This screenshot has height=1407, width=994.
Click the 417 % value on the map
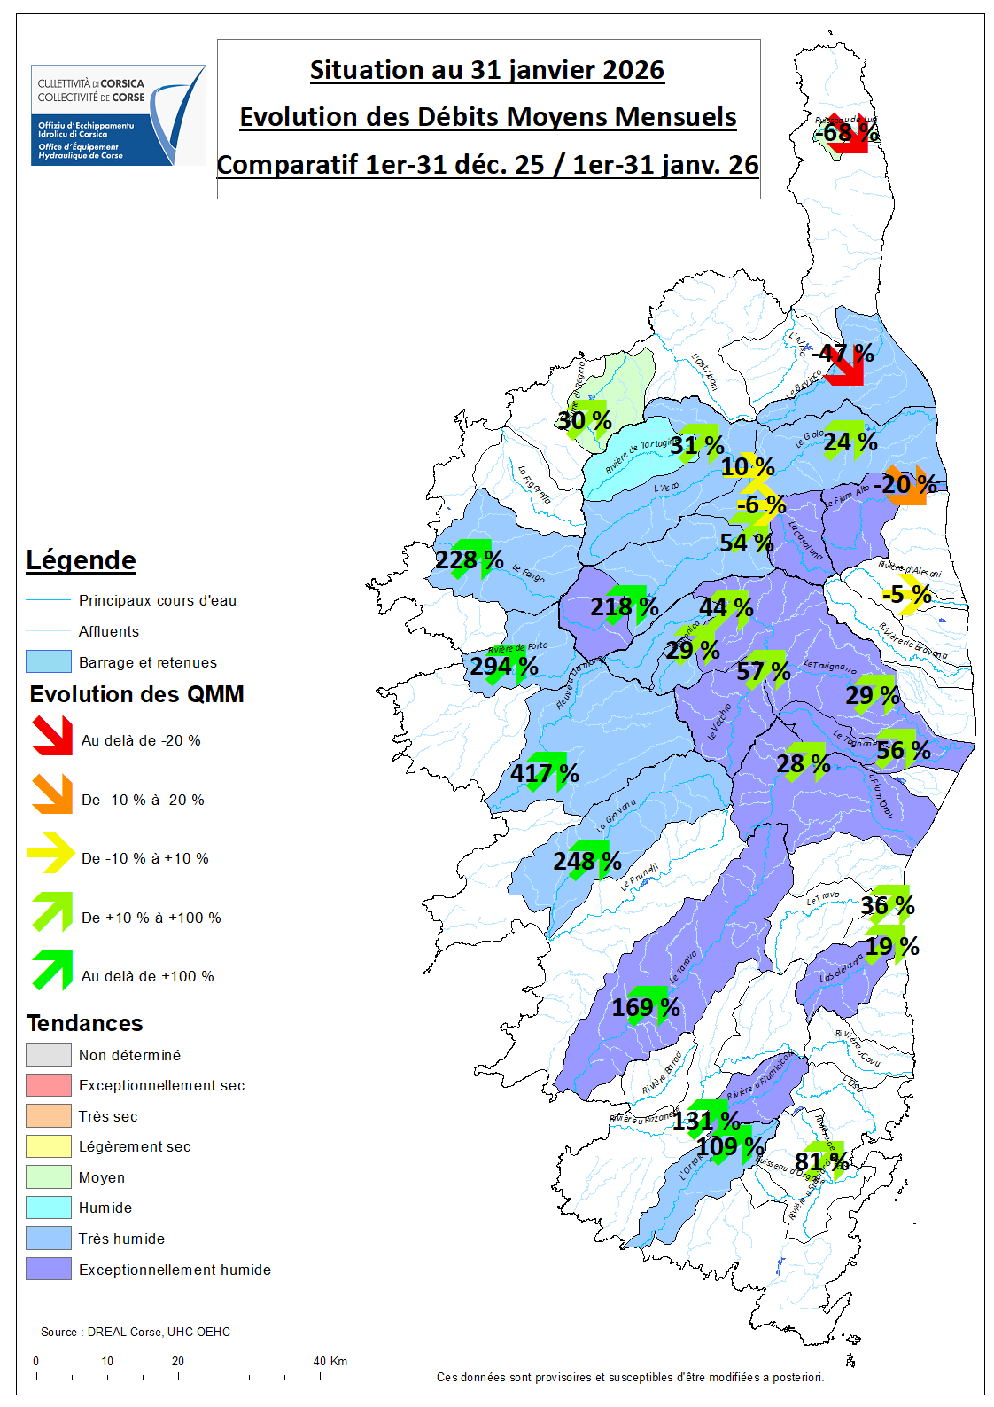tap(544, 774)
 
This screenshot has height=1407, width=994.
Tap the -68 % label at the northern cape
tap(846, 133)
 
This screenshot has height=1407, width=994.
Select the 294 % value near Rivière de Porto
tap(503, 666)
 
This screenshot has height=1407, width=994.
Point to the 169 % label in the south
tap(645, 1007)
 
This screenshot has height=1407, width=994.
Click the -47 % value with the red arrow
tap(842, 354)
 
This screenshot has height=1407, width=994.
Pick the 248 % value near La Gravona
tap(586, 861)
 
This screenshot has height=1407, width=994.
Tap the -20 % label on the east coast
tap(905, 484)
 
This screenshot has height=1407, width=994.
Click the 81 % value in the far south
tap(821, 1161)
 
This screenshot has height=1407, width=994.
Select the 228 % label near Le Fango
tap(469, 560)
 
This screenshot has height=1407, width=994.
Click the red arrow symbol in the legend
tap(52, 736)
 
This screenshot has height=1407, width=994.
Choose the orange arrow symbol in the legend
tap(52, 794)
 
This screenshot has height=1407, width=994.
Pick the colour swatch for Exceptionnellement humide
tap(48, 1269)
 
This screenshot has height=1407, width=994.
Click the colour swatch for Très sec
tap(48, 1115)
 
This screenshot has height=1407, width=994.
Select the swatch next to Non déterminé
tap(48, 1054)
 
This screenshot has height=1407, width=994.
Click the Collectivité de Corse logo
tap(118, 114)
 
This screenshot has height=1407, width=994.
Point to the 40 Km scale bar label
tap(330, 1361)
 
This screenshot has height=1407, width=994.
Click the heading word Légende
tap(81, 560)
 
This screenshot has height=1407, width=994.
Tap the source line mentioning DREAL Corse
tap(136, 1332)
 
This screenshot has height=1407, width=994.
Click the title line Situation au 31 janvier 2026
tap(487, 70)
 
